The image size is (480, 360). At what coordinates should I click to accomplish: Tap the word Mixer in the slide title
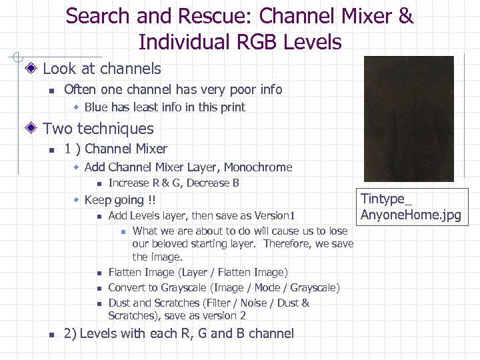pyautogui.click(x=364, y=16)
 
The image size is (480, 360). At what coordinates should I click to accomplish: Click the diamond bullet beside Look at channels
pyautogui.click(x=31, y=69)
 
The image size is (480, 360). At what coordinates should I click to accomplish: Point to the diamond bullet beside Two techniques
pyautogui.click(x=31, y=129)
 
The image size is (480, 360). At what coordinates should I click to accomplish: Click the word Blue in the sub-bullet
pyautogui.click(x=96, y=107)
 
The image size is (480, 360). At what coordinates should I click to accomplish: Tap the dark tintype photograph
pyautogui.click(x=409, y=119)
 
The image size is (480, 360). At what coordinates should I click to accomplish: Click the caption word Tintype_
pyautogui.click(x=387, y=199)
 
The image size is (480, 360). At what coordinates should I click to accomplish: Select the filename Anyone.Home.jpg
pyautogui.click(x=410, y=215)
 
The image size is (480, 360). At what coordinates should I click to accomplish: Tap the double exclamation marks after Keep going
pyautogui.click(x=151, y=200)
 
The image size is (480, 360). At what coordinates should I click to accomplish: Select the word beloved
pyautogui.click(x=173, y=244)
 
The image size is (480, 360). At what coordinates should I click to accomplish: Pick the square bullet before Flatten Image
pyautogui.click(x=97, y=273)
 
